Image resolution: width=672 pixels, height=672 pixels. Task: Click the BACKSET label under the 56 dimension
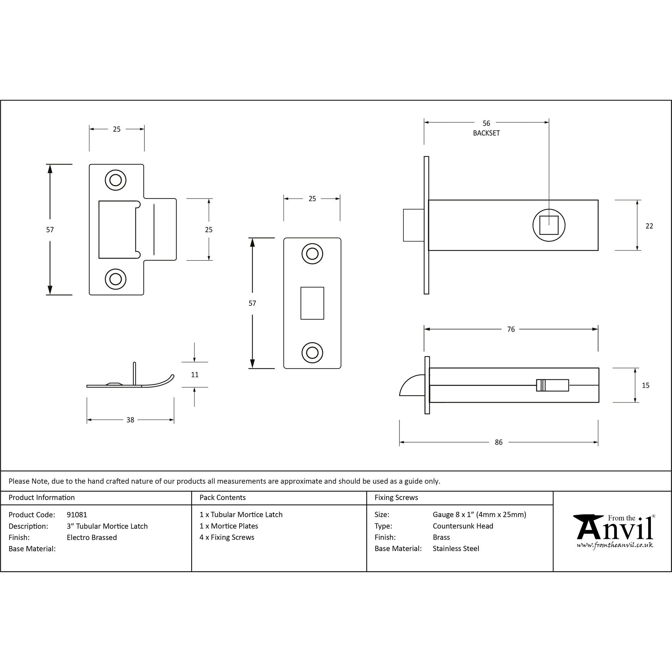[486, 133]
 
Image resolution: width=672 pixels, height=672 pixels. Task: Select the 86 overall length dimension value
[498, 442]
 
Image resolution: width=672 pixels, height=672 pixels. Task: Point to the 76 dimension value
[511, 329]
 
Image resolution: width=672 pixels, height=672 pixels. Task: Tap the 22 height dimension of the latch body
[649, 226]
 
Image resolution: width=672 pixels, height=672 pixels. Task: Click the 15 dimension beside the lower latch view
[645, 385]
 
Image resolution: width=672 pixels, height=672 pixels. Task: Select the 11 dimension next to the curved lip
[195, 375]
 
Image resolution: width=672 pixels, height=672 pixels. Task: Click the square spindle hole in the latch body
[549, 225]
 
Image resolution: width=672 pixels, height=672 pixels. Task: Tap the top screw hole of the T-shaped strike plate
[116, 180]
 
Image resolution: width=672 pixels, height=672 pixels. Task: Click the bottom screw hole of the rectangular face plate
[312, 353]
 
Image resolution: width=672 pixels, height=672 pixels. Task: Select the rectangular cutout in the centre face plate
[312, 303]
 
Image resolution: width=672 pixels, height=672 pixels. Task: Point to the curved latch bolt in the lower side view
[412, 386]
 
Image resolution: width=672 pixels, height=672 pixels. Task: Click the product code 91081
[77, 515]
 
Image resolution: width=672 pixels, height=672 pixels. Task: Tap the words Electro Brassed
[92, 537]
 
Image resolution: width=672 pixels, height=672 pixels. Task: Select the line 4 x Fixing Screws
[227, 537]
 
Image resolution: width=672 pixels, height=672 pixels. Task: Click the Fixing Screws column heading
[396, 498]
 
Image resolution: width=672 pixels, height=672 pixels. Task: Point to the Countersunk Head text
[463, 526]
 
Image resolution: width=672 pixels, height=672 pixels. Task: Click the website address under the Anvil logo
[615, 545]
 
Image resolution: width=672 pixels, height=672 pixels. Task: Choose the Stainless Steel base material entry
[456, 549]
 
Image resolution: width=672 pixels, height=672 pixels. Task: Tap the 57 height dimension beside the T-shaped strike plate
[50, 229]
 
